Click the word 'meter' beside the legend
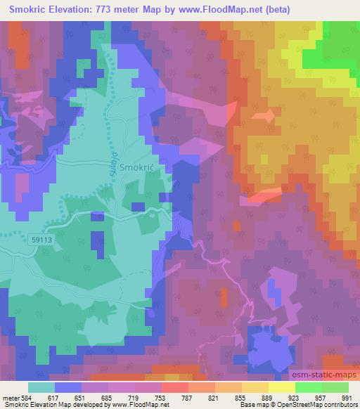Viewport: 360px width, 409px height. click(x=11, y=397)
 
